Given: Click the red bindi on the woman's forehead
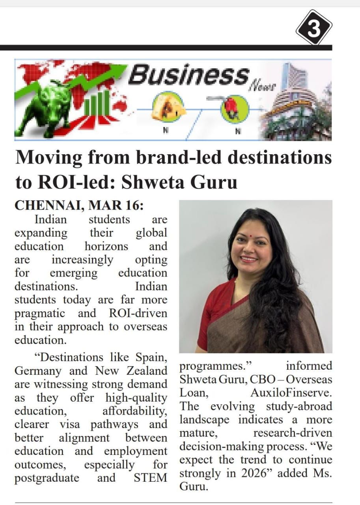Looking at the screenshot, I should point(250,239).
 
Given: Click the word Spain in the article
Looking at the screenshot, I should point(149,357).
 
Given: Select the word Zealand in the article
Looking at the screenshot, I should point(147,371).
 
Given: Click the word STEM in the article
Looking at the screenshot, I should point(150,478).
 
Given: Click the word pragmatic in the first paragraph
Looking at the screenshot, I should point(40,313).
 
